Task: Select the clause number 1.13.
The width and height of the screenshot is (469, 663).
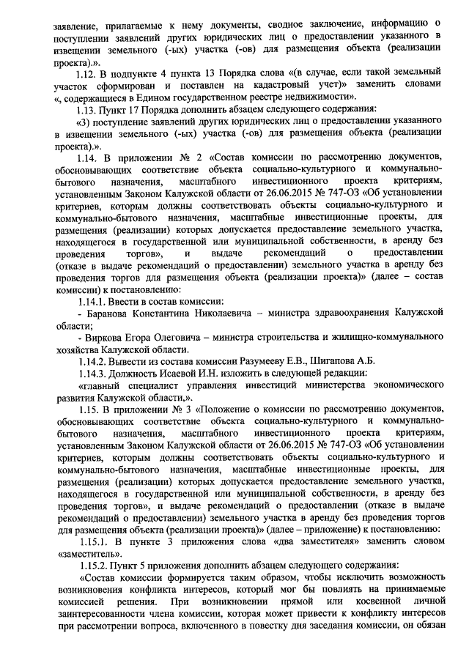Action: click(89, 109)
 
